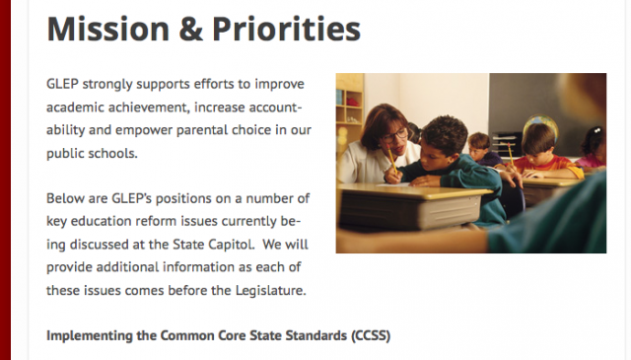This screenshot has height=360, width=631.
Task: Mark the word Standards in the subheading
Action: tap(302, 335)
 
